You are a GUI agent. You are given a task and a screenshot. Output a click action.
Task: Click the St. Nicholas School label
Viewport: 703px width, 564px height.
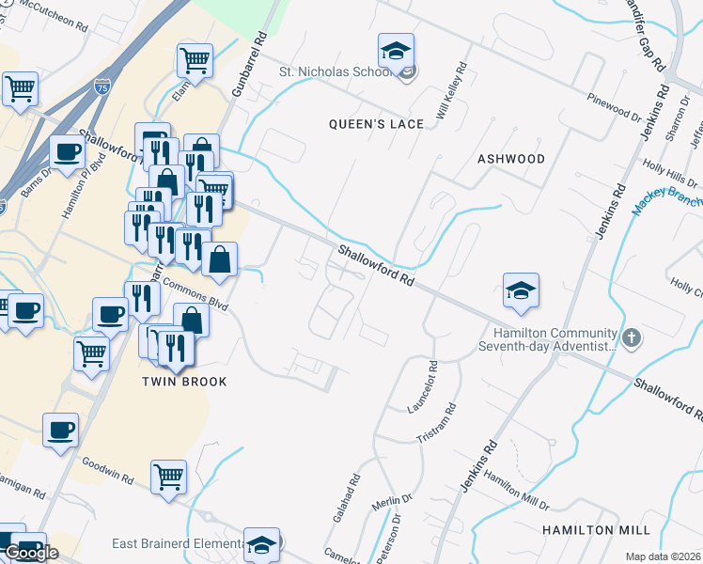pos(335,71)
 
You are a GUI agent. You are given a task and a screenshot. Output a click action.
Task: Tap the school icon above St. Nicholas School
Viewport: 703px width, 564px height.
pos(397,50)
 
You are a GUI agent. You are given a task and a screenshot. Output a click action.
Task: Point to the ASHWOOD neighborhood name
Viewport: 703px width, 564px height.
pos(511,159)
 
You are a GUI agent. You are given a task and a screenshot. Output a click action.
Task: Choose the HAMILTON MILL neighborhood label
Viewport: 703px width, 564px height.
pos(596,530)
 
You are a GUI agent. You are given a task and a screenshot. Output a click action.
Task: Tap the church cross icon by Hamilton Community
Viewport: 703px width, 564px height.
pos(633,337)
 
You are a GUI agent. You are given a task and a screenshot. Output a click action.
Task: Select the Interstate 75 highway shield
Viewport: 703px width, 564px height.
pos(102,86)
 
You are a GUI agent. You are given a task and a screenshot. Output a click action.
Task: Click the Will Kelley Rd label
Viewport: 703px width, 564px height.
pos(451,94)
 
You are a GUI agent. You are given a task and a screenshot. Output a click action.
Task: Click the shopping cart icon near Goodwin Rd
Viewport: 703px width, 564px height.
pos(168,476)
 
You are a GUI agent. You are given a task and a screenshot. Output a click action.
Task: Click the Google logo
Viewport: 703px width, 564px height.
pos(31,553)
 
